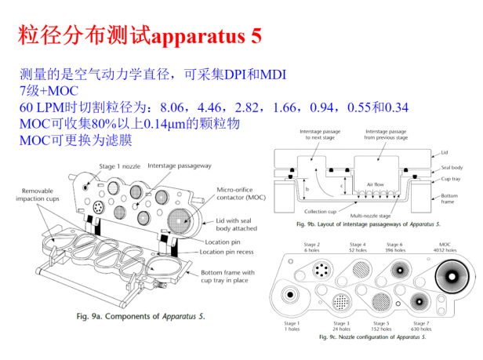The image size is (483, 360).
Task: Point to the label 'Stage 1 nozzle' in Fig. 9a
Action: pos(121,166)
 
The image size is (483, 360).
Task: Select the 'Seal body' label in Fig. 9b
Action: pos(452,167)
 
